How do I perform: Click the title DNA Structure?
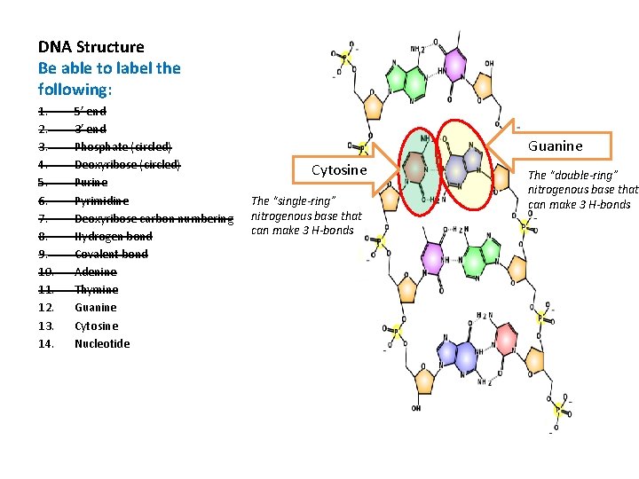[91, 47]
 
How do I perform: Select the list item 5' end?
[91, 111]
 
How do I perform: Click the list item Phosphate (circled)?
[123, 146]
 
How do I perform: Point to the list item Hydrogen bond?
[113, 236]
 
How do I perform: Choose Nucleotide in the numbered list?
[102, 343]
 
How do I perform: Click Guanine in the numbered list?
[96, 308]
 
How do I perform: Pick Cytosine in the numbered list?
[97, 326]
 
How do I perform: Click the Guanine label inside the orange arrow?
[556, 145]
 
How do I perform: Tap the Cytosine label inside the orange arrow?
[339, 169]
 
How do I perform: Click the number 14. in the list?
[46, 343]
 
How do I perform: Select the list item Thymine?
[96, 290]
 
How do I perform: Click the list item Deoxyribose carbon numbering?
[154, 218]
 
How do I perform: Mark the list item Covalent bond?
[111, 254]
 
